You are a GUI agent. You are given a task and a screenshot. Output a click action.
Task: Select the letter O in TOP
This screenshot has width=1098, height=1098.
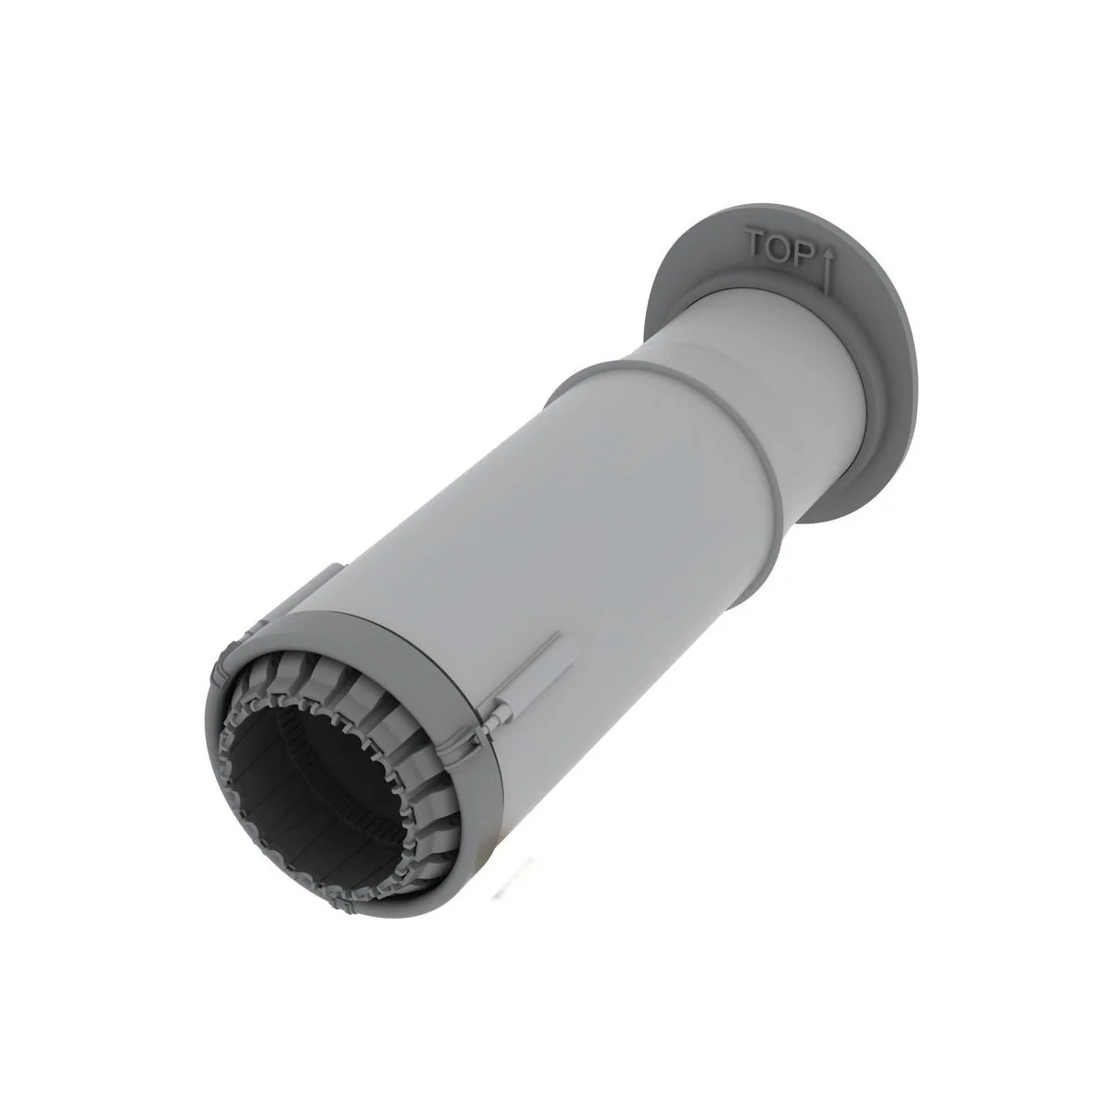coord(779,250)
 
